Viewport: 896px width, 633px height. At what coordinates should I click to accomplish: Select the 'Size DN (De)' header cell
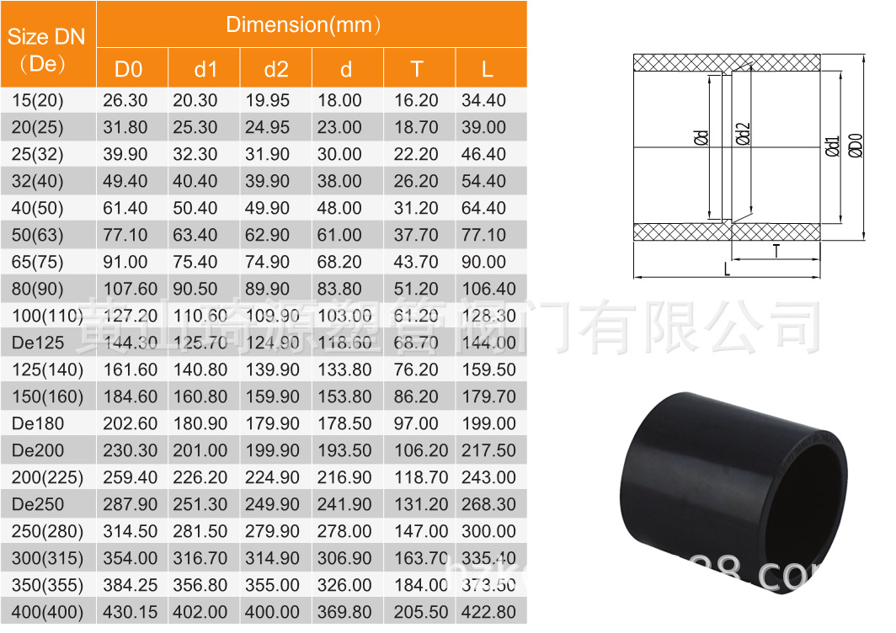click(46, 50)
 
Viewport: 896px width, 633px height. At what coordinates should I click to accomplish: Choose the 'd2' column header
click(275, 70)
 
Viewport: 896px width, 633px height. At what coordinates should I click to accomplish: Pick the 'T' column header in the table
click(417, 70)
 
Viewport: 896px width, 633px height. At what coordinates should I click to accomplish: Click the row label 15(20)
click(38, 101)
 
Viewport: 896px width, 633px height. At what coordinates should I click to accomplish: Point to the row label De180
click(38, 424)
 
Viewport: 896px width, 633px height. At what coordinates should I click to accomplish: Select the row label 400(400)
click(47, 613)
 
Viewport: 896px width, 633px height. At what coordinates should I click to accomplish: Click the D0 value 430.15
click(130, 613)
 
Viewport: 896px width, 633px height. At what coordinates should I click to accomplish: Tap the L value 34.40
click(484, 101)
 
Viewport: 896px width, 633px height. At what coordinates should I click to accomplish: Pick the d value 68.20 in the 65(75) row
click(339, 263)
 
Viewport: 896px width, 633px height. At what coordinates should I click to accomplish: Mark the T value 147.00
click(421, 532)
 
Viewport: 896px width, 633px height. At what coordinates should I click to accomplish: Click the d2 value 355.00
click(272, 586)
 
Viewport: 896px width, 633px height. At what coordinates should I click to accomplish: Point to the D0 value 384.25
click(130, 586)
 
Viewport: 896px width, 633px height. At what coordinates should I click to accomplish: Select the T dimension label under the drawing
click(776, 250)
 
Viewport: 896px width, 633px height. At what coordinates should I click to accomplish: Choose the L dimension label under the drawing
click(727, 269)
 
